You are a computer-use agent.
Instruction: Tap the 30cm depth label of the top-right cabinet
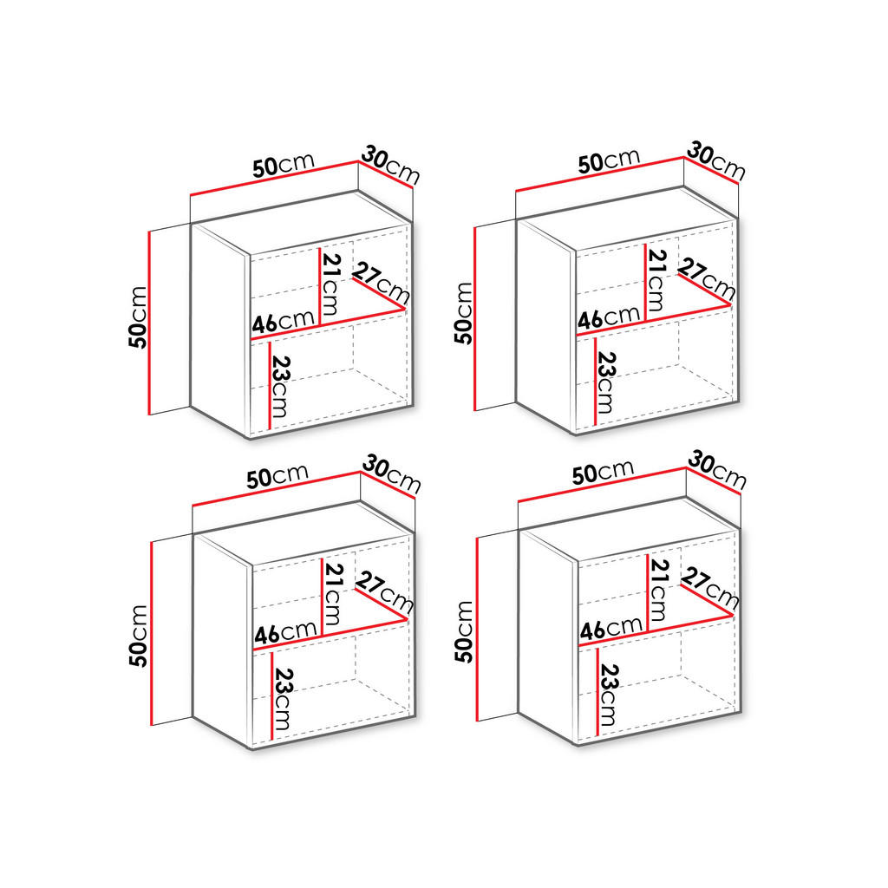pos(715,161)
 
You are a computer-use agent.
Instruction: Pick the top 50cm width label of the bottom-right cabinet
pos(603,472)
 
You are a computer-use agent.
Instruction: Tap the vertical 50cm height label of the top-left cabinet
pos(138,316)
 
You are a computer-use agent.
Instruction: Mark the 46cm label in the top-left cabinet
pos(282,322)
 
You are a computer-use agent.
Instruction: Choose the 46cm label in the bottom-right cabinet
pos(610,629)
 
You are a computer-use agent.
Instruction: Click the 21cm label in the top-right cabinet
pos(657,280)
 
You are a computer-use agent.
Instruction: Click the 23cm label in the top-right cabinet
pos(606,382)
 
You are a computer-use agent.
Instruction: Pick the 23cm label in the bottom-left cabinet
pos(283,698)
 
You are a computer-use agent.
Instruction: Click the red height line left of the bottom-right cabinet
pos(476,628)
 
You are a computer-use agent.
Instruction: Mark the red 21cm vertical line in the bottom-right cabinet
pos(648,590)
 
